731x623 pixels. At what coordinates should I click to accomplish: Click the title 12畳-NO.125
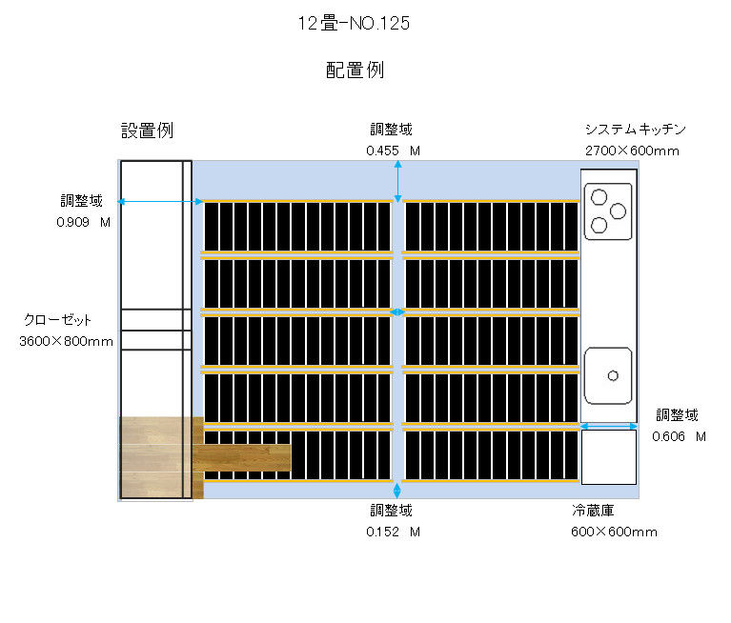tap(354, 23)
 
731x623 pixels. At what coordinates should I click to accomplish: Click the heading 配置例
tap(355, 70)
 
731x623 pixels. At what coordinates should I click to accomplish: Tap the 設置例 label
tap(148, 131)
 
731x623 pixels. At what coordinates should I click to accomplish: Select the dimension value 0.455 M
tap(393, 151)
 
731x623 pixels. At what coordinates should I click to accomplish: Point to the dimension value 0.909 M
tap(84, 222)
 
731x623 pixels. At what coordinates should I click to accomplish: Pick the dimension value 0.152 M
tap(393, 532)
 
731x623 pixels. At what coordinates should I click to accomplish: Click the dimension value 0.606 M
tap(680, 436)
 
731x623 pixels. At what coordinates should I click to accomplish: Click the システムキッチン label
tap(636, 129)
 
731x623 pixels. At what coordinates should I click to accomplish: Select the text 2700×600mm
tap(632, 151)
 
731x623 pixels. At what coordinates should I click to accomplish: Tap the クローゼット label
tap(57, 320)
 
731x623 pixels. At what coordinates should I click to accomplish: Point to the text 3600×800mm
tap(66, 342)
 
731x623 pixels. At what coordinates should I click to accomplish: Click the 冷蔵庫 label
tap(593, 511)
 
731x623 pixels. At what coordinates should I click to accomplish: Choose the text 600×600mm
tap(614, 532)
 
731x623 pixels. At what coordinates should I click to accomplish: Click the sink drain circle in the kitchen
tap(613, 375)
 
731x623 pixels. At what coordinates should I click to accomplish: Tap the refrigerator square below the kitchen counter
tap(609, 457)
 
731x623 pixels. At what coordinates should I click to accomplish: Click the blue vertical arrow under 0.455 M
tap(397, 182)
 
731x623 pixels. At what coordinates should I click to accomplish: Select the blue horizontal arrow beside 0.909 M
tap(160, 202)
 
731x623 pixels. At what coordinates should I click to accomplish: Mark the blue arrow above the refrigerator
tap(609, 426)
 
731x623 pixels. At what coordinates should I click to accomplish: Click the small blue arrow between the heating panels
tap(397, 312)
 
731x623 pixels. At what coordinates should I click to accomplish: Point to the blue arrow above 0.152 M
tap(397, 491)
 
